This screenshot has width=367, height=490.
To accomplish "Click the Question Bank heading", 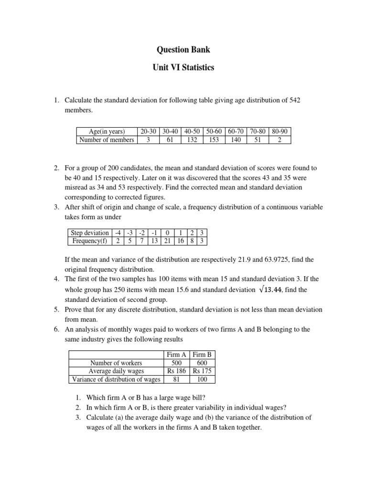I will (183, 49).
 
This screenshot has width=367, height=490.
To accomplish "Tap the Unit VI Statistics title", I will (183, 68).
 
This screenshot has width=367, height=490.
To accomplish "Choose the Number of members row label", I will (107, 140).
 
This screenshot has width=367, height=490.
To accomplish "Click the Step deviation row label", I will (89, 233).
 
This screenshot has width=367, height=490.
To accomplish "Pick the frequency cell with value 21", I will (167, 241).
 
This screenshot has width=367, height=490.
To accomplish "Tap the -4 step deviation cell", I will (118, 233).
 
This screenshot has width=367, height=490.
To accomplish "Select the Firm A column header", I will (176, 355).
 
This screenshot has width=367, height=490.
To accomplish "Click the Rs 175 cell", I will (203, 371).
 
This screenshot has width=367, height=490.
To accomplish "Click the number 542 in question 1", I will (293, 100).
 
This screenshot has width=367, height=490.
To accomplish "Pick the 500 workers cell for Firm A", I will (176, 363).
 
